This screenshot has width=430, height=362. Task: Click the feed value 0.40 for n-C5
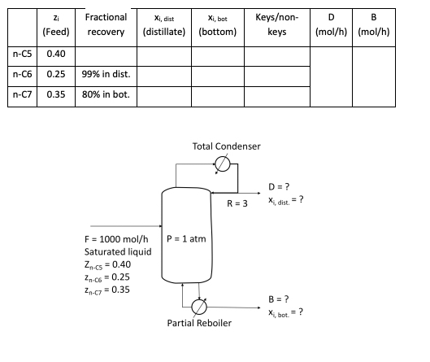pyautogui.click(x=56, y=54)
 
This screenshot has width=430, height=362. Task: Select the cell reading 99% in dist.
pyautogui.click(x=106, y=75)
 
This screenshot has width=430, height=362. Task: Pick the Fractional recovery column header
pyautogui.click(x=106, y=24)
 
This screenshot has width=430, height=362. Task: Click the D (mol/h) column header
pyautogui.click(x=329, y=24)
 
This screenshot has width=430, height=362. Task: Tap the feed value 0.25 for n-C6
pyautogui.click(x=56, y=75)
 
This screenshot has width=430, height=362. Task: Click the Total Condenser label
pyautogui.click(x=227, y=146)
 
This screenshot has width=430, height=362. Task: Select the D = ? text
pyautogui.click(x=280, y=187)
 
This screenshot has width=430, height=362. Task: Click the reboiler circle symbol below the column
pyautogui.click(x=198, y=306)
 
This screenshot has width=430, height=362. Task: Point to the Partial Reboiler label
pyautogui.click(x=199, y=323)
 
